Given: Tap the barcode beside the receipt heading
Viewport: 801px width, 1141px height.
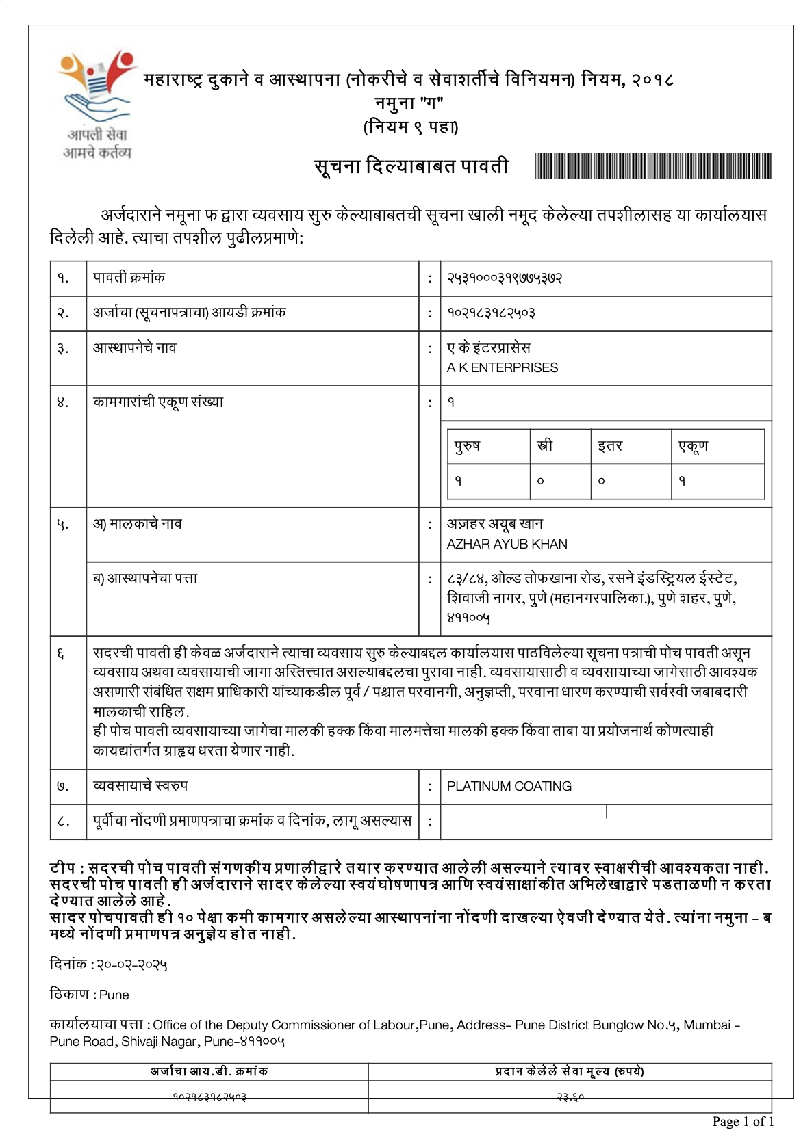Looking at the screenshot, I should (x=652, y=166).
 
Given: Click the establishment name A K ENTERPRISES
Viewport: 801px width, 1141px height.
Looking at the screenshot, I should (x=503, y=367).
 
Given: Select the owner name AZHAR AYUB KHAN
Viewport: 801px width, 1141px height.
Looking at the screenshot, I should (x=507, y=544).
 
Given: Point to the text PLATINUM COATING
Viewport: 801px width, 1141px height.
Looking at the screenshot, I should (x=509, y=786).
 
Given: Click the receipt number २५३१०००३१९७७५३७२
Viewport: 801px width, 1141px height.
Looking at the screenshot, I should (x=505, y=278).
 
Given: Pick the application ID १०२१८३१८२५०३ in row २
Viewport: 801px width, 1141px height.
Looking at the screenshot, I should (x=491, y=313).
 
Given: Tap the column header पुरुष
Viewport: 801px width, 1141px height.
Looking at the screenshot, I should (x=468, y=446).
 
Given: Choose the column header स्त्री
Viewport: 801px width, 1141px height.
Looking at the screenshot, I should (x=545, y=446).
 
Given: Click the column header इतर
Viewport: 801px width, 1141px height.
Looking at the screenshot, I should (x=609, y=446).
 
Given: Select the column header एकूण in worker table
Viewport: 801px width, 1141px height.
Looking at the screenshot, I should (x=693, y=446).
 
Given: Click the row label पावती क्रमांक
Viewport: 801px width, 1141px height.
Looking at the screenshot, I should (x=129, y=278).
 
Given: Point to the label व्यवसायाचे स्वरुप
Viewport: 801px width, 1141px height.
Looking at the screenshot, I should (x=140, y=786).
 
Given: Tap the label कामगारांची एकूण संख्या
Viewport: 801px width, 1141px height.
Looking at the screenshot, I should (x=158, y=402).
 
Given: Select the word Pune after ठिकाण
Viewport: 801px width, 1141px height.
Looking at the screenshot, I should (x=114, y=995).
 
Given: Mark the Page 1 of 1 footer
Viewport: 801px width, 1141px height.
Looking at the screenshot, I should (x=743, y=1121).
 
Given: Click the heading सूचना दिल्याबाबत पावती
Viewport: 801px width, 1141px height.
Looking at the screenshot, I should (x=411, y=166).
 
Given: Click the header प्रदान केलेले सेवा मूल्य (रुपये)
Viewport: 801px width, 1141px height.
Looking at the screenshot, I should (x=569, y=1071).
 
